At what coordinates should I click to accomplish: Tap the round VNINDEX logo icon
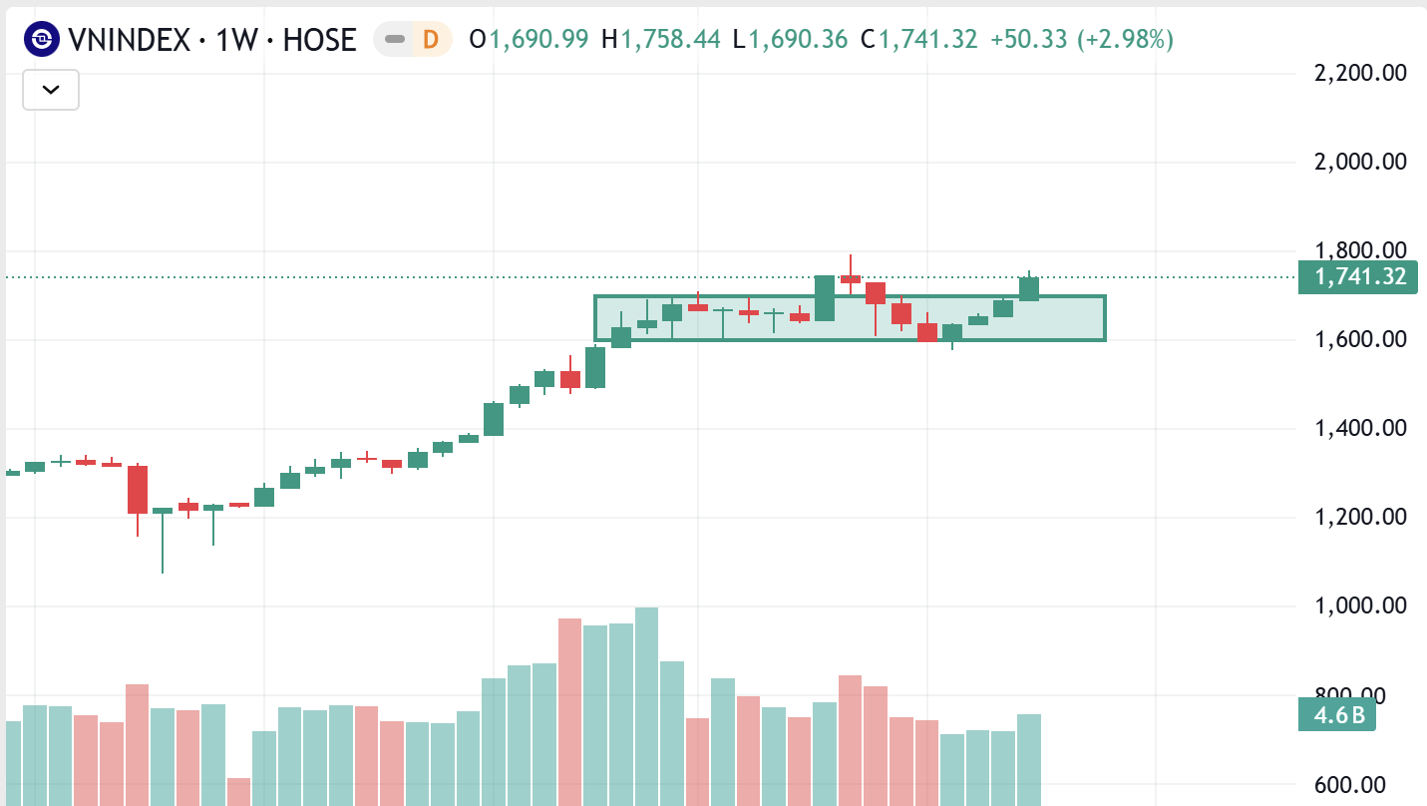pyautogui.click(x=42, y=40)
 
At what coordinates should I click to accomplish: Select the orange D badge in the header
pyautogui.click(x=431, y=40)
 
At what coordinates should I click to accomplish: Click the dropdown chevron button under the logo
pyautogui.click(x=51, y=90)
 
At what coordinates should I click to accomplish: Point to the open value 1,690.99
pyautogui.click(x=538, y=40)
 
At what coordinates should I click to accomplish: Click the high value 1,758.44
pyautogui.click(x=670, y=40)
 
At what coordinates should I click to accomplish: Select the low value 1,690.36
pyautogui.click(x=798, y=40)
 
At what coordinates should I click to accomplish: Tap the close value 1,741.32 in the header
pyautogui.click(x=927, y=40)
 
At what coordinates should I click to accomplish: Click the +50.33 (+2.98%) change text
pyautogui.click(x=1082, y=40)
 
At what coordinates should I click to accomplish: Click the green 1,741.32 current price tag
pyautogui.click(x=1357, y=277)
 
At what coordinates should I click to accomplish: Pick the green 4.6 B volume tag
pyautogui.click(x=1336, y=715)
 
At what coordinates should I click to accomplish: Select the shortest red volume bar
pyautogui.click(x=238, y=792)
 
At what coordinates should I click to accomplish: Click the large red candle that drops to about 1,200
pyautogui.click(x=137, y=489)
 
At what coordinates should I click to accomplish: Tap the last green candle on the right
pyautogui.click(x=1029, y=288)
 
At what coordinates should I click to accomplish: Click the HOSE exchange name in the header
pyautogui.click(x=319, y=40)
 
